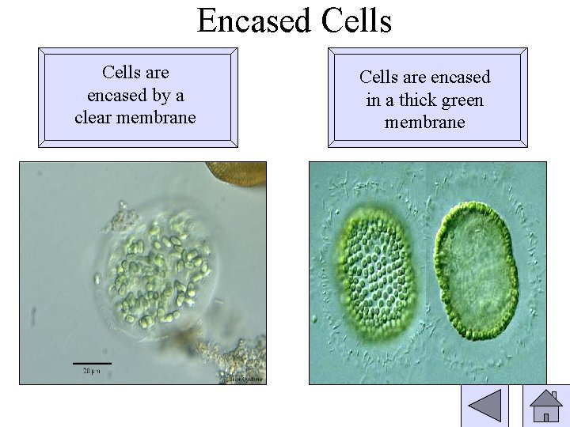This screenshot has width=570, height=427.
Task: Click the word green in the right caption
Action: click(x=464, y=100)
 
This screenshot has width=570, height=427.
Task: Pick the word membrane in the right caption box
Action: click(x=425, y=122)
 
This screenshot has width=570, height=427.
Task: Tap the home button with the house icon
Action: click(x=545, y=406)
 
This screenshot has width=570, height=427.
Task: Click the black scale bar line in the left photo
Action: click(x=92, y=362)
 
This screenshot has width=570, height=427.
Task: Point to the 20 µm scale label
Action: click(x=92, y=370)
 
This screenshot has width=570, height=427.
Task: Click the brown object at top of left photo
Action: click(x=236, y=173)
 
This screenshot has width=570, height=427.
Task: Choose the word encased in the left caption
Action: click(x=113, y=95)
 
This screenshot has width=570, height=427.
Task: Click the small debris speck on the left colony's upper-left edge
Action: click(x=121, y=211)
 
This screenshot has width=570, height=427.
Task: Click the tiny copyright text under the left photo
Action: click(x=245, y=380)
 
